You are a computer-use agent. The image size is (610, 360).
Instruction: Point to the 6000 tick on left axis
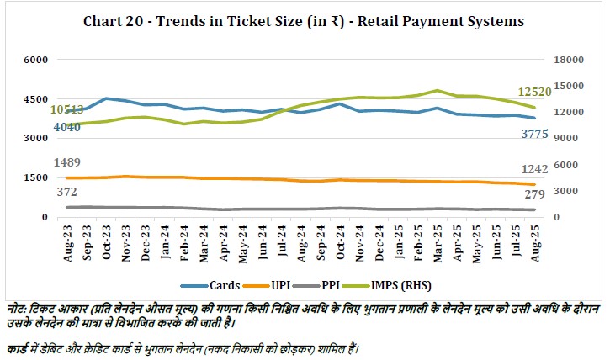pyautogui.click(x=36, y=60)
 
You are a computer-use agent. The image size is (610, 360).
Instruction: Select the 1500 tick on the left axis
pyautogui.click(x=36, y=178)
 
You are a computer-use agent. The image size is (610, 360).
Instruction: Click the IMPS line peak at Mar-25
pyautogui.click(x=437, y=90)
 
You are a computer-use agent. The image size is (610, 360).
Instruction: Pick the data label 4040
pyautogui.click(x=67, y=127)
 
